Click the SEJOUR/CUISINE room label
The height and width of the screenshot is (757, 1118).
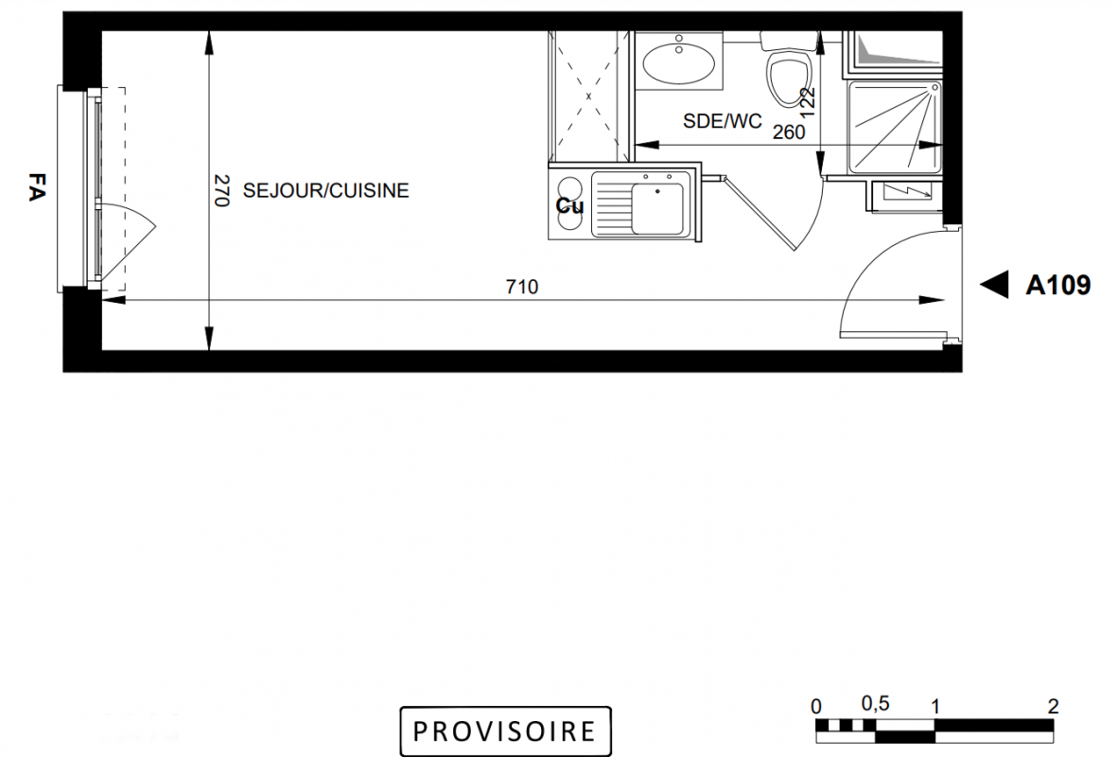click(x=325, y=190)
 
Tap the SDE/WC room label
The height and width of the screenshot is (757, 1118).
click(x=723, y=121)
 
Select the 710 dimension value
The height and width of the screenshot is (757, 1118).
click(x=522, y=287)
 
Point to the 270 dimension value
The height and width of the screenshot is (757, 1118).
click(x=221, y=190)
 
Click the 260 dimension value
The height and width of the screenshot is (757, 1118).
click(x=789, y=132)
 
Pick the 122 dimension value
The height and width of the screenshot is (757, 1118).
click(x=807, y=103)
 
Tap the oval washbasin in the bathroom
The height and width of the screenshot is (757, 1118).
click(x=678, y=63)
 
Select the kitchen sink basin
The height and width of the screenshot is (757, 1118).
click(x=657, y=208)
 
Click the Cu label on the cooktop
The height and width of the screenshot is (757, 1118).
click(x=569, y=206)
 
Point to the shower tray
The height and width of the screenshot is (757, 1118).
click(x=894, y=127)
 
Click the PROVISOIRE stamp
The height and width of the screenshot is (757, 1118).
click(x=505, y=731)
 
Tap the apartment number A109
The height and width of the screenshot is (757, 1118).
click(x=1058, y=286)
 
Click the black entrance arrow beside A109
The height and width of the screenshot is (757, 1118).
click(x=994, y=285)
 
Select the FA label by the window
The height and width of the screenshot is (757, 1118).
click(x=37, y=187)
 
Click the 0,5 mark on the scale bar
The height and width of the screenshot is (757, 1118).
click(x=875, y=703)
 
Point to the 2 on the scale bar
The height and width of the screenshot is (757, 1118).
click(x=1053, y=706)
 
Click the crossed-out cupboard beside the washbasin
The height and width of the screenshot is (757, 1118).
click(x=588, y=96)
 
